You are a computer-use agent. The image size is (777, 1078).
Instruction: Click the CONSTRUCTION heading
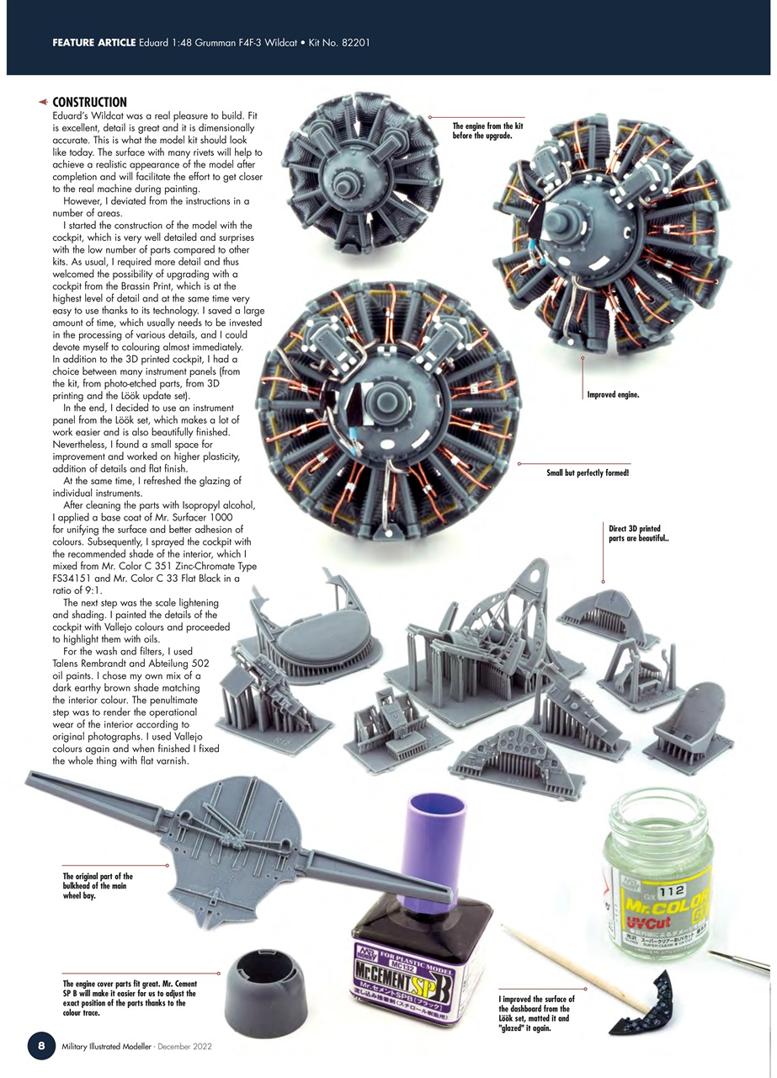(x=89, y=102)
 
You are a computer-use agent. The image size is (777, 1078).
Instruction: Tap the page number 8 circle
(x=41, y=1045)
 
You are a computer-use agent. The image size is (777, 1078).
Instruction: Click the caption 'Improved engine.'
(x=613, y=394)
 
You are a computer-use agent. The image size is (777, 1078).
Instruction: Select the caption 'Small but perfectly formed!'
(x=588, y=473)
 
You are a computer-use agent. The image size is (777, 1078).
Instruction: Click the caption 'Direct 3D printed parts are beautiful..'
(x=638, y=534)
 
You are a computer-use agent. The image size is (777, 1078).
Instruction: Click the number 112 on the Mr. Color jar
(x=672, y=890)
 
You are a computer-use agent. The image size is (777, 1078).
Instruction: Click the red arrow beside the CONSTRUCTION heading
(x=42, y=102)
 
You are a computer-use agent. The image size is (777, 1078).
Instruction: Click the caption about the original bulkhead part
(x=98, y=887)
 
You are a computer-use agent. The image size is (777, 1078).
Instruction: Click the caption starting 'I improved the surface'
(x=536, y=1013)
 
